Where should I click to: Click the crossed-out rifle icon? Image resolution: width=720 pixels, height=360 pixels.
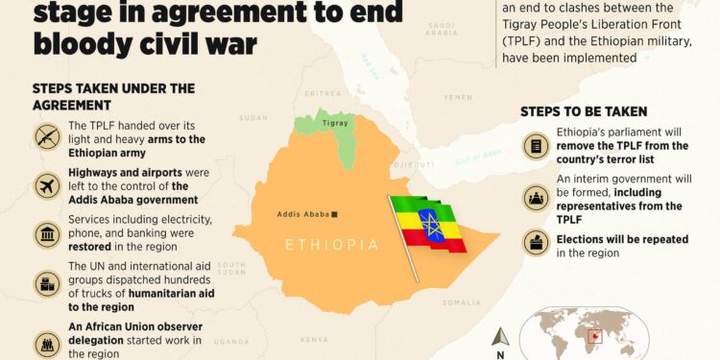pyautogui.click(x=47, y=137)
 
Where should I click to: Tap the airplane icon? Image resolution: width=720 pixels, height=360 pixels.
pyautogui.click(x=47, y=186)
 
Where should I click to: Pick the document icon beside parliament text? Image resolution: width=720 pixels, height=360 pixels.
pyautogui.click(x=535, y=146)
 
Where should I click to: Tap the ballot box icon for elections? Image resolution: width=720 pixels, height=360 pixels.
pyautogui.click(x=535, y=242)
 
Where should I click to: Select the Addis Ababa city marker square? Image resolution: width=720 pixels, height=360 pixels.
pyautogui.click(x=334, y=214)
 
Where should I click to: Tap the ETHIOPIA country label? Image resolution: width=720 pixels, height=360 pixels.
pyautogui.click(x=331, y=246)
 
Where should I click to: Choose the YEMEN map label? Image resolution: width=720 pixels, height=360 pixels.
pyautogui.click(x=458, y=97)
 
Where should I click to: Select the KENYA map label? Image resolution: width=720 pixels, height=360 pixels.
pyautogui.click(x=313, y=339)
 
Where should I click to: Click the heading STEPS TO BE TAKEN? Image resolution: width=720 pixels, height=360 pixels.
pyautogui.click(x=584, y=112)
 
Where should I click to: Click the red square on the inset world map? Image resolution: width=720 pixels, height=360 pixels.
pyautogui.click(x=596, y=336)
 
